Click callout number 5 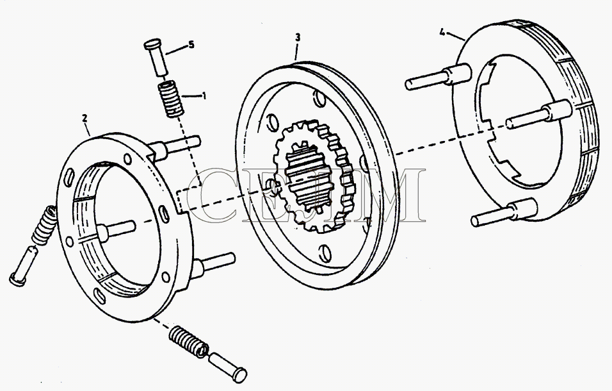click(190, 45)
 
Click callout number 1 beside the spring click(204, 96)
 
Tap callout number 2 click(85, 118)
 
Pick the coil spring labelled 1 click(170, 99)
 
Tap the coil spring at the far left click(41, 225)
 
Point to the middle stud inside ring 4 click(531, 115)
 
